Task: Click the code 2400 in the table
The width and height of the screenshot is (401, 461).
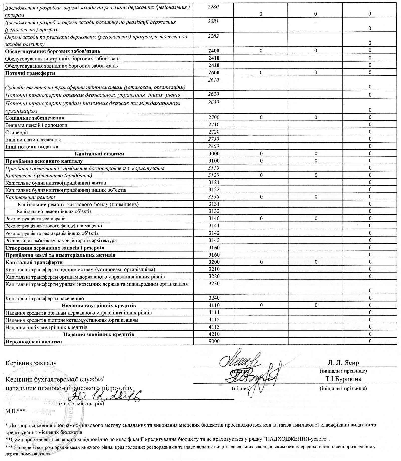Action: pos(214,51)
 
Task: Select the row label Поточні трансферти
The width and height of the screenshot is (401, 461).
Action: pos(30,73)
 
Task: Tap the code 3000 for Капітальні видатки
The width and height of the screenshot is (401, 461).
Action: pos(214,154)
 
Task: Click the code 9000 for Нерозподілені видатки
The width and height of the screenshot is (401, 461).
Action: pos(214,341)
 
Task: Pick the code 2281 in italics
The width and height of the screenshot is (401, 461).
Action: pos(214,22)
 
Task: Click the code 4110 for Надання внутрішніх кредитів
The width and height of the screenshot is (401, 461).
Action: pos(214,305)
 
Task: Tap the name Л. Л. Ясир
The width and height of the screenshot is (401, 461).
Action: pos(343,363)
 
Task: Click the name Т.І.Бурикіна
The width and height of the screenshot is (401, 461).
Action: pos(343,379)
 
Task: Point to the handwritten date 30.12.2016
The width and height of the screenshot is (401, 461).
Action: pos(105,395)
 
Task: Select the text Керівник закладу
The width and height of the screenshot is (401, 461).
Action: pos(31,363)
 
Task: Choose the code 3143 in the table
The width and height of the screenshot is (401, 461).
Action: pos(214,240)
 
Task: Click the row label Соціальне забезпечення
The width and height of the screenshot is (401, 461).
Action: pos(35,118)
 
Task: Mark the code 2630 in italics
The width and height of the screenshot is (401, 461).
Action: pos(214,102)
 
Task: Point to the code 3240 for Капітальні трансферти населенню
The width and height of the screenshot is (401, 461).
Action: pos(214,298)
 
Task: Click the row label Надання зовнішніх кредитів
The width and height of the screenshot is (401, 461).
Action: pos(99,334)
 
